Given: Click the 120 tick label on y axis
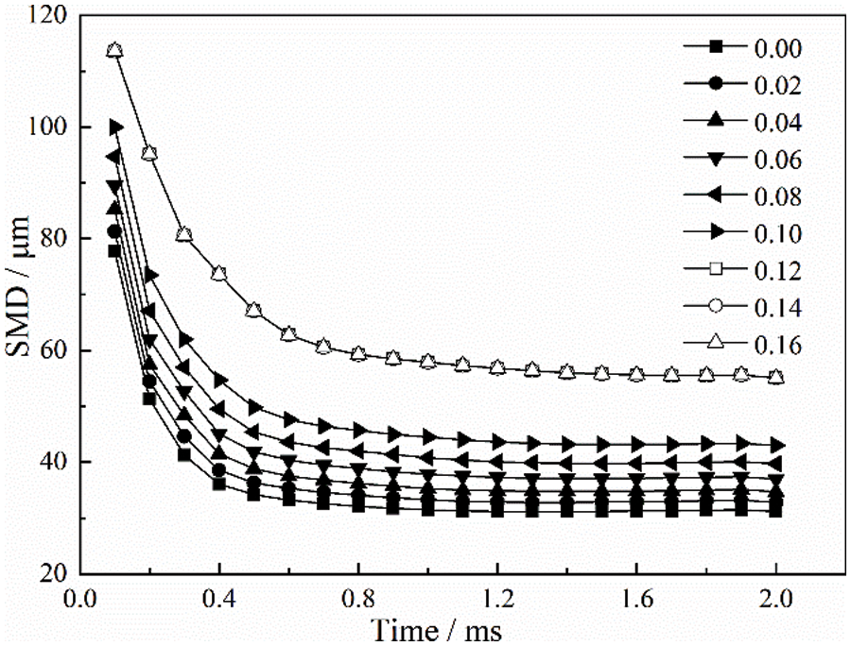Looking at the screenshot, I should [x=47, y=16].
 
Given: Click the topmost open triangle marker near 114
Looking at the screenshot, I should [x=115, y=50].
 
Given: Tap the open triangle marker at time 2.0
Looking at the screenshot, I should [x=776, y=377].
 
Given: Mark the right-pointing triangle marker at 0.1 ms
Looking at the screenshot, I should [x=116, y=127].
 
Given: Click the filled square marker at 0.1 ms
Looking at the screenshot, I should [x=115, y=250].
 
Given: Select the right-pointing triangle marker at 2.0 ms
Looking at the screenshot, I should [x=776, y=444].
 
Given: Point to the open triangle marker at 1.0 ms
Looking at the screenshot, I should [x=428, y=362].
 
